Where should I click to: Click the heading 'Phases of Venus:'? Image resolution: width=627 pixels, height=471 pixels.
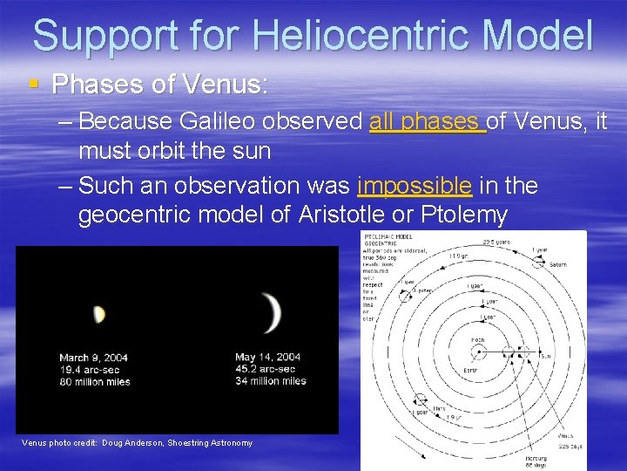[160, 85]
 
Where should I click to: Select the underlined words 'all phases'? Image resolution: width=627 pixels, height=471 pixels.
[427, 121]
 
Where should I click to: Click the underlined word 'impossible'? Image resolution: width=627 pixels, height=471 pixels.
[415, 186]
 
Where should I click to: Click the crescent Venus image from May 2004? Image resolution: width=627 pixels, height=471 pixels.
[273, 312]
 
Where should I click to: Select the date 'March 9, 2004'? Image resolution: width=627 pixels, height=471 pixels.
[93, 358]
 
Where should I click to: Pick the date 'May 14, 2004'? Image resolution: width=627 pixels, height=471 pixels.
[268, 357]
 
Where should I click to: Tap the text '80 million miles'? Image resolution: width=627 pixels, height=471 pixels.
[95, 381]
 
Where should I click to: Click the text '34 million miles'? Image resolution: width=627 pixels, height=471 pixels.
[271, 380]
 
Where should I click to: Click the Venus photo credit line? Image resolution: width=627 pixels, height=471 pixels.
[137, 443]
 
